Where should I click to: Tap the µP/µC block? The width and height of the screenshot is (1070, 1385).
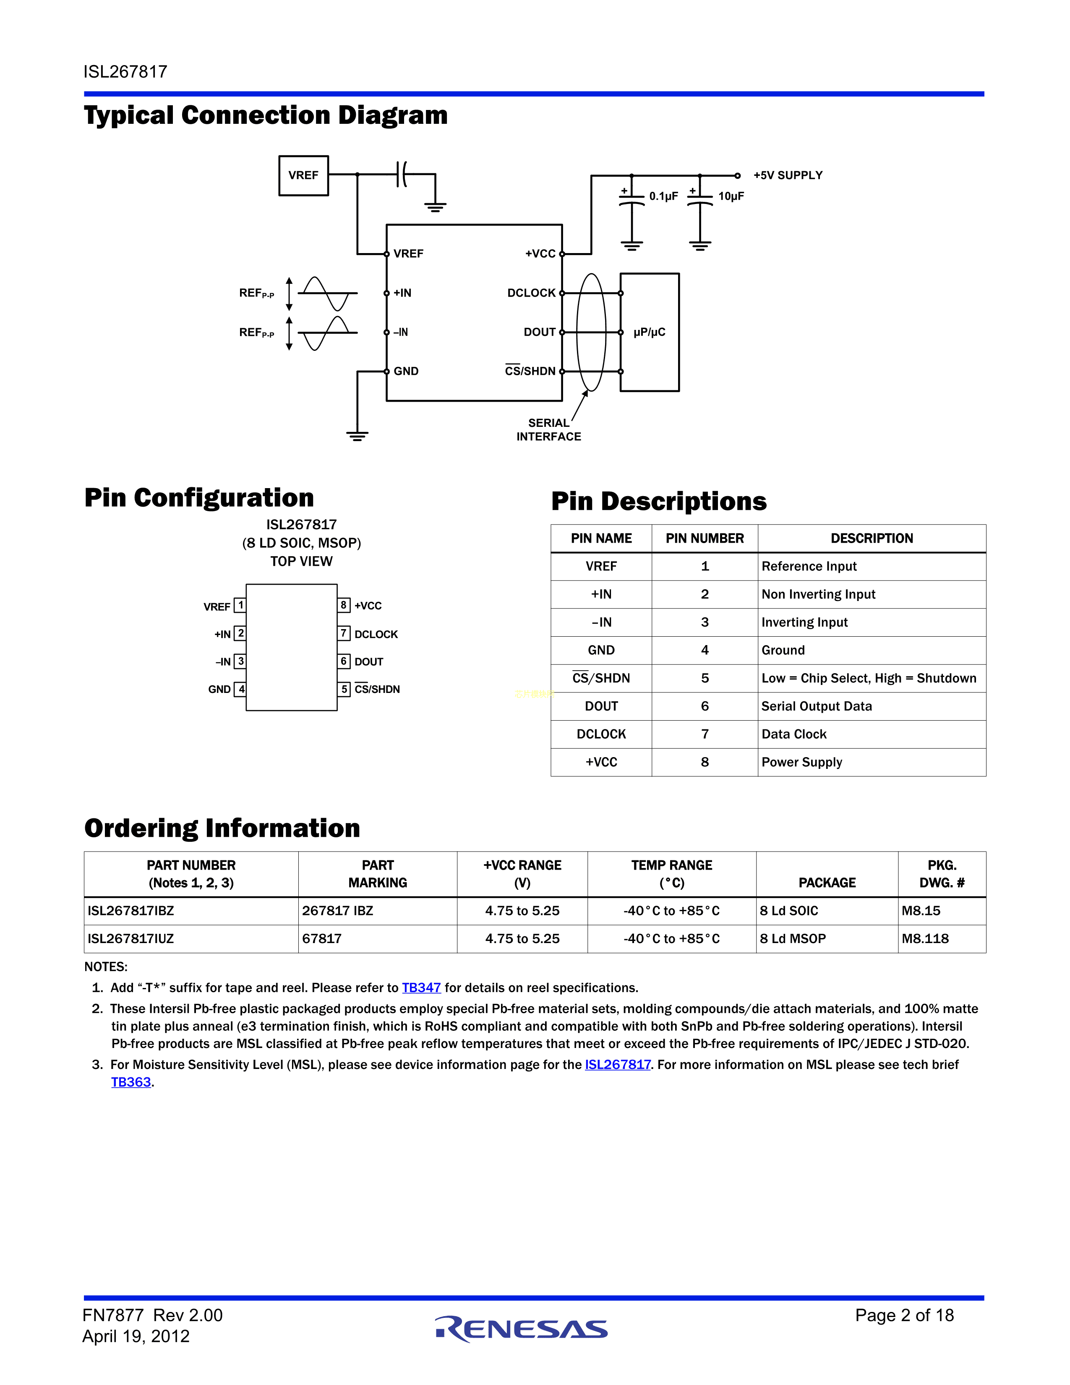point(649,332)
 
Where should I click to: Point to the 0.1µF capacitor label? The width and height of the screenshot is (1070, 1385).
point(663,196)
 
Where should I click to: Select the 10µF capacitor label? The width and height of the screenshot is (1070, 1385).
point(731,196)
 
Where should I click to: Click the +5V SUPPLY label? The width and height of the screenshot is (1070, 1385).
point(787,176)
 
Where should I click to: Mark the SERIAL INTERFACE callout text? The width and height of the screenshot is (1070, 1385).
point(548,430)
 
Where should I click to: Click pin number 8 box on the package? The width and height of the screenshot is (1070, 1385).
point(344,605)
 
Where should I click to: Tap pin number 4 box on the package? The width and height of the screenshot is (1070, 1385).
point(241,689)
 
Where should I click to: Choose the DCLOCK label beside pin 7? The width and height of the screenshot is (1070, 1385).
point(376,634)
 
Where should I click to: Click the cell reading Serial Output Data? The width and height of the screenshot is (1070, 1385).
point(817,706)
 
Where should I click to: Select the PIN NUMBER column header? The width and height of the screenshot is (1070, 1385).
point(704,538)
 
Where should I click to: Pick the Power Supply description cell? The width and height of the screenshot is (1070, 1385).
point(802,762)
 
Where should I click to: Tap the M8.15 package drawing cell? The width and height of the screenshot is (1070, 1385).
point(921,911)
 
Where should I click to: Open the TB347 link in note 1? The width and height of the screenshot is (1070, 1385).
point(421,988)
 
